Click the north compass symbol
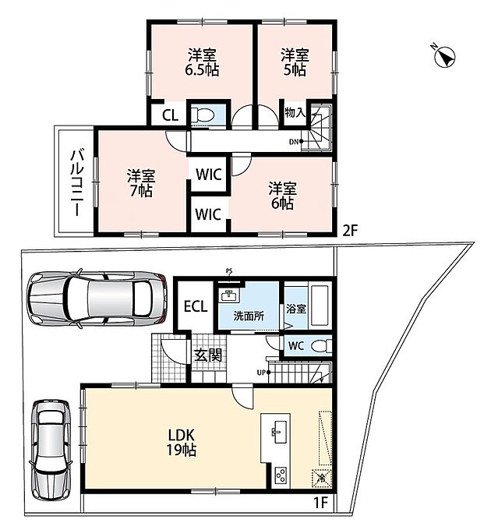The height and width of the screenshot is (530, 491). [x=444, y=56]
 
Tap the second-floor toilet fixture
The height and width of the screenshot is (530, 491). [x=203, y=115]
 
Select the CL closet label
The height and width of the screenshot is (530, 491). [x=170, y=115]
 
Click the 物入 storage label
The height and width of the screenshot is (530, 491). [x=295, y=112]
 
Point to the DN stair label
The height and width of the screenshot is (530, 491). [x=294, y=142]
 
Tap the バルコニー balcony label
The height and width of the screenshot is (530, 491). [x=77, y=183]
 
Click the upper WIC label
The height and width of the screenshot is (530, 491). [x=209, y=175]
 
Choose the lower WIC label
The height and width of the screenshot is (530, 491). [x=208, y=214]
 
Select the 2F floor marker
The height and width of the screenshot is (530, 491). [x=350, y=231]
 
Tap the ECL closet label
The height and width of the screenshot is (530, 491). [x=196, y=306]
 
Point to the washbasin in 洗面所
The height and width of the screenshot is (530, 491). [x=229, y=295]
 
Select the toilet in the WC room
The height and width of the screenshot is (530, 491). [x=321, y=346]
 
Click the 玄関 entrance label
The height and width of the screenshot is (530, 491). [x=208, y=355]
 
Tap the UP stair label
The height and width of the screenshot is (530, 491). [x=261, y=373]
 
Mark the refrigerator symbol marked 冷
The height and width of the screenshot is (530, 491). [x=321, y=479]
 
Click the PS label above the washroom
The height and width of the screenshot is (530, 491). [x=229, y=270]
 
